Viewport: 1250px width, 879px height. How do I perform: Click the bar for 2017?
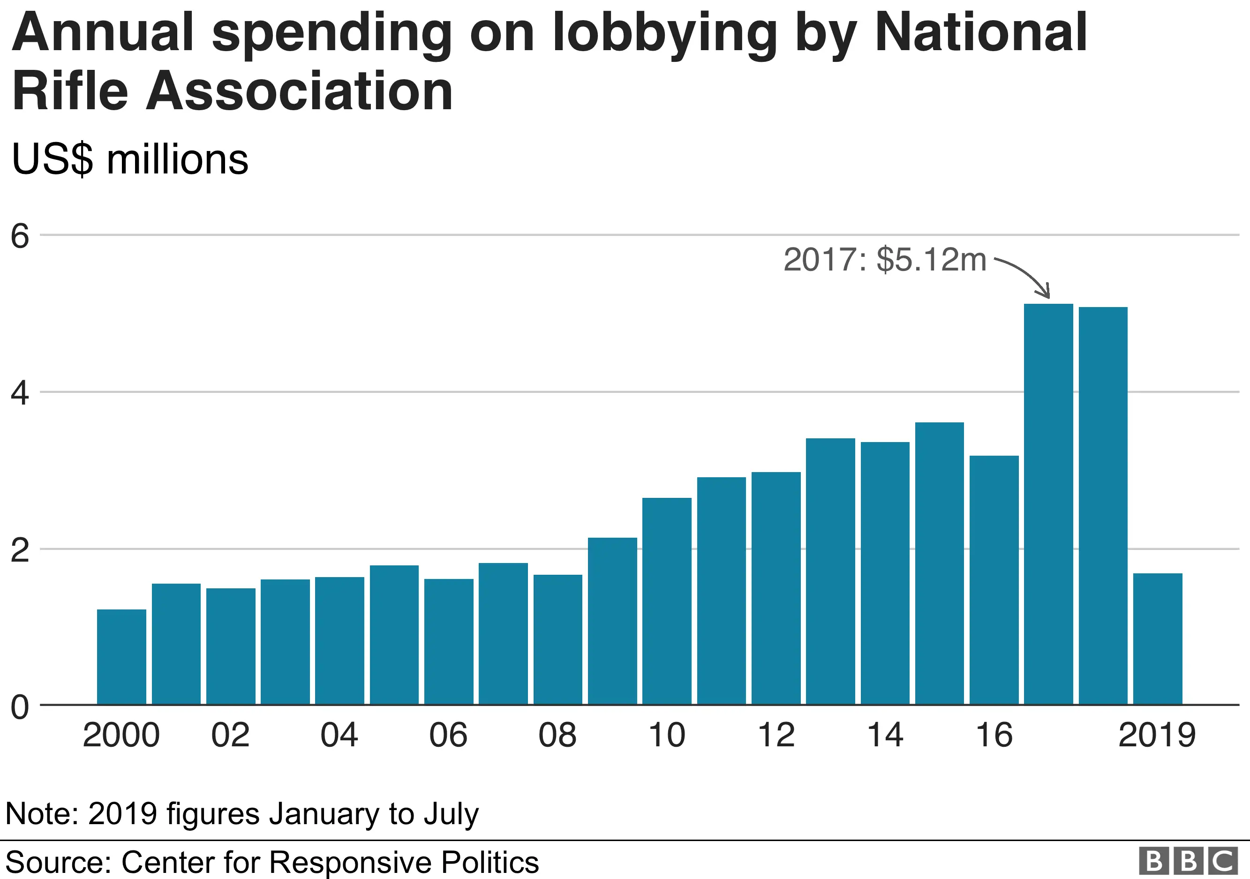pyautogui.click(x=1048, y=504)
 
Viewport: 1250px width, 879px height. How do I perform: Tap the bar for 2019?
pyautogui.click(x=1158, y=639)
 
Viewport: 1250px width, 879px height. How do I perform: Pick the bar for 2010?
pyautogui.click(x=666, y=601)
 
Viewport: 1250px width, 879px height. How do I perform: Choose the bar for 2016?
pyautogui.click(x=994, y=580)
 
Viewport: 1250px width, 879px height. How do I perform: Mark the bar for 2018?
pyautogui.click(x=1103, y=506)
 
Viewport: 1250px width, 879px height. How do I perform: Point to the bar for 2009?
pyautogui.click(x=612, y=621)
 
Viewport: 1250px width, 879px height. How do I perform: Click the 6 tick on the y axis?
pyautogui.click(x=20, y=236)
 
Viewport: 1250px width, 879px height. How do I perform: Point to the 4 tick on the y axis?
pyautogui.click(x=20, y=393)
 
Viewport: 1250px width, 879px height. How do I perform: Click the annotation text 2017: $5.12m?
pyautogui.click(x=885, y=260)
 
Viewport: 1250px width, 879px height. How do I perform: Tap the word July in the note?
pyautogui.click(x=451, y=814)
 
